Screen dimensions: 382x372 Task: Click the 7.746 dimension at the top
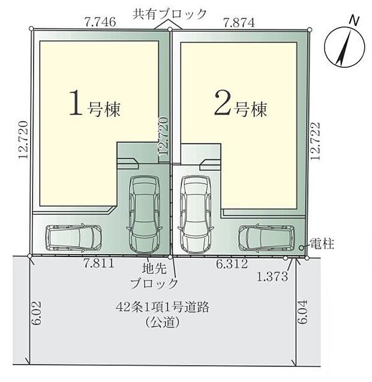[100, 22]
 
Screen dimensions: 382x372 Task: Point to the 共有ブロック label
[170, 13]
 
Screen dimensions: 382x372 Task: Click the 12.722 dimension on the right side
[317, 142]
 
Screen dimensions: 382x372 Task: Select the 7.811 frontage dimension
[98, 264]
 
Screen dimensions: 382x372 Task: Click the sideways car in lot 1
[74, 237]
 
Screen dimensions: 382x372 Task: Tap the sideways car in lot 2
[266, 238]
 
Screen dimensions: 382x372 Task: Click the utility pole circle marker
[301, 247]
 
